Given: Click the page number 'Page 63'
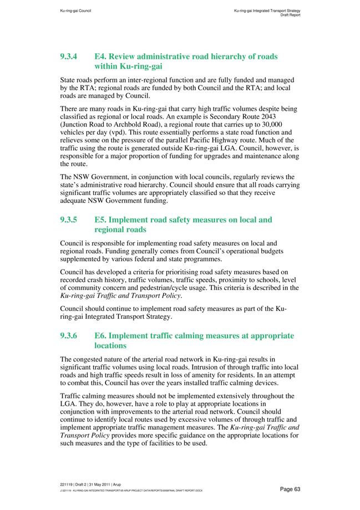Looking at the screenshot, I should tap(290, 488).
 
